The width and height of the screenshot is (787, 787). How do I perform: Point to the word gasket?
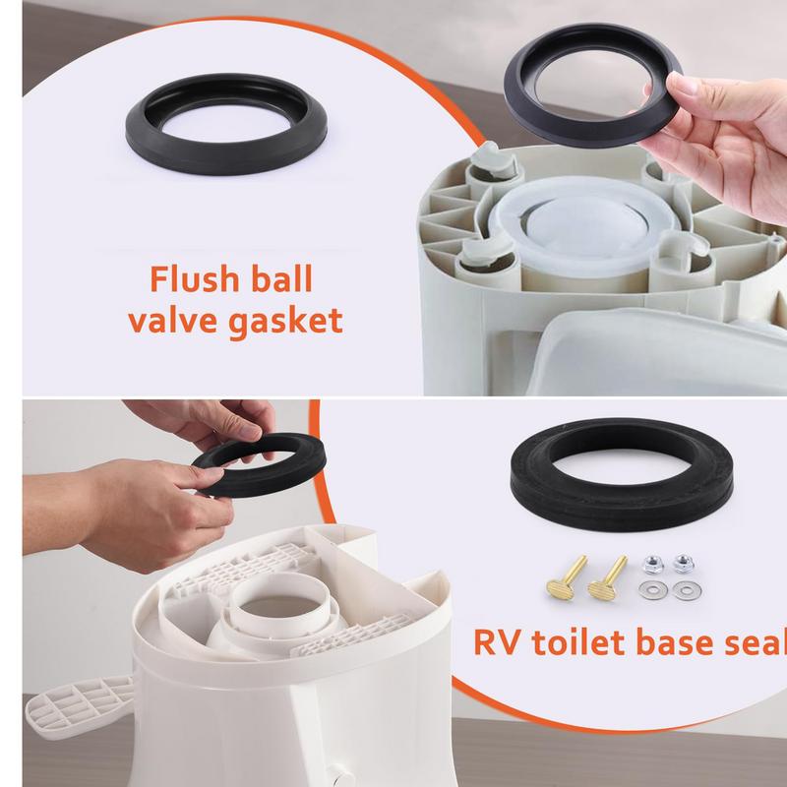coord(285,322)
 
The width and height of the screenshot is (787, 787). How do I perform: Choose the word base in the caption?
coord(674,642)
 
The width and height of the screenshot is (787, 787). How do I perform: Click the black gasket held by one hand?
coord(592,86)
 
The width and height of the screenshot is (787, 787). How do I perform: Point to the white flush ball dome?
coord(583,226)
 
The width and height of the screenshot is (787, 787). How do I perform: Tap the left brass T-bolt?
coord(567,577)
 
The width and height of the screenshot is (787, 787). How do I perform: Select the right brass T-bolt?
coord(608,577)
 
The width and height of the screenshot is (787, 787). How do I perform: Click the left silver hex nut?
coord(652,565)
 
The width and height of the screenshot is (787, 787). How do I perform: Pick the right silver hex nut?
coord(683,564)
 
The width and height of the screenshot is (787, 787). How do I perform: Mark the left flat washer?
coord(653,590)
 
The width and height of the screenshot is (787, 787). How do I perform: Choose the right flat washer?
coord(687,591)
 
